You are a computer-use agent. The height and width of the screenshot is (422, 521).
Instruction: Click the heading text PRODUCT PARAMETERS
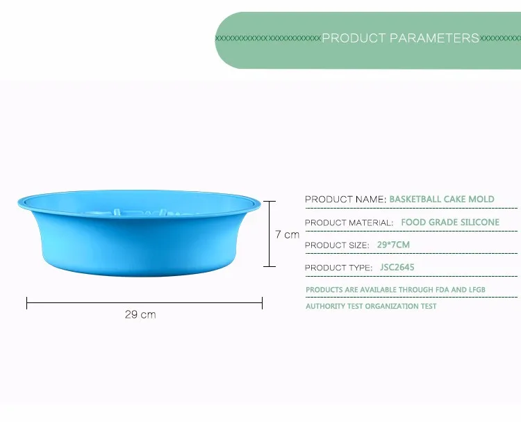(x=400, y=38)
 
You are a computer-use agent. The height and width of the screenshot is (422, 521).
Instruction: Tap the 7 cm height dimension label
(x=287, y=234)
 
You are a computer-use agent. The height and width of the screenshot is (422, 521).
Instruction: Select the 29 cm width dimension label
(x=140, y=314)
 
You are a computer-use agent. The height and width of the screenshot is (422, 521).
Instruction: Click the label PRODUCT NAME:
(x=345, y=200)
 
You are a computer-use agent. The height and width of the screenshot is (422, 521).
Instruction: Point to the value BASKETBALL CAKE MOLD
(x=442, y=200)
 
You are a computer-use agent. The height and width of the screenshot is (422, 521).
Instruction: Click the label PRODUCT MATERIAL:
(x=349, y=222)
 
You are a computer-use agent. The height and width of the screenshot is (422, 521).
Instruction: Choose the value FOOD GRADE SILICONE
(x=450, y=222)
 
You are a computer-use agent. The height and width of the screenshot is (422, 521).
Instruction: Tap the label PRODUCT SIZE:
(x=337, y=245)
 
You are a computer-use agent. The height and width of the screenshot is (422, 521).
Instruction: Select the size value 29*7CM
(x=393, y=245)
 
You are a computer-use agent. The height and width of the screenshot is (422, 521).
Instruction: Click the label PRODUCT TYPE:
(x=338, y=268)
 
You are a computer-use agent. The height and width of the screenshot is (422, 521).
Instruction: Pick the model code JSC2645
(x=397, y=268)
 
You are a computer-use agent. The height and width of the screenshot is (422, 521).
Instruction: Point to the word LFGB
(x=477, y=290)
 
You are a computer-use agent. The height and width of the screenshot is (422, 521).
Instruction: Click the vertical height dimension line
(x=270, y=234)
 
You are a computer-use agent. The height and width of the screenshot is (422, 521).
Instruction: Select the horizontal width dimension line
(x=144, y=303)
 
